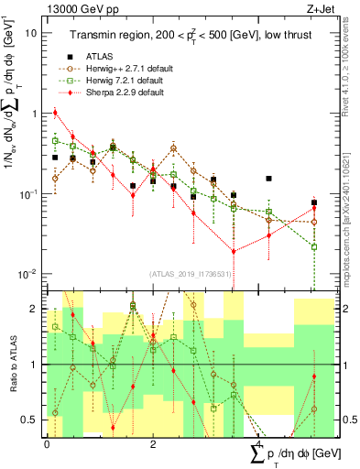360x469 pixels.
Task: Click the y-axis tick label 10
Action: click(30, 33)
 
